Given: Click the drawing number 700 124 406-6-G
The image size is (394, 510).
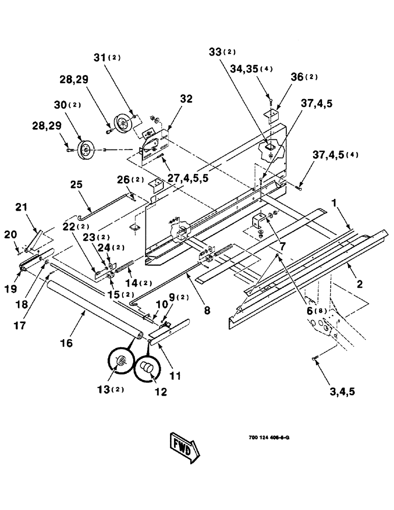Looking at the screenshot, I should (270, 438).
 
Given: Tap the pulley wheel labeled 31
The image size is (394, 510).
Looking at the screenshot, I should (122, 123).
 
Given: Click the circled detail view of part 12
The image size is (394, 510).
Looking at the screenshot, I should (148, 367).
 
